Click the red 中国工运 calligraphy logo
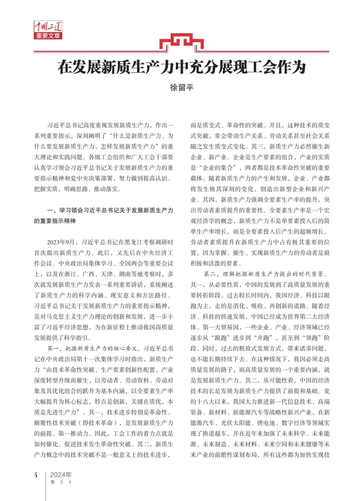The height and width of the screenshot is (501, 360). coord(48,26)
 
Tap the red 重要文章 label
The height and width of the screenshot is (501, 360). coord(48,36)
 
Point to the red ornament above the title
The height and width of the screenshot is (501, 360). coord(181,42)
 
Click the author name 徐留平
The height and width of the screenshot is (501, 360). coord(182,88)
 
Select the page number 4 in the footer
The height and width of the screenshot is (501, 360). coord(36,475)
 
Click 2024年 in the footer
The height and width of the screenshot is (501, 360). coord(61,475)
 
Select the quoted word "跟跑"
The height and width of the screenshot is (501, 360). coord(221,338)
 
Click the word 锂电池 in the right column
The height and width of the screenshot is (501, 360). coord(266,423)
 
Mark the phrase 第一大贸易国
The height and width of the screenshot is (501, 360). coord(221,327)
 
